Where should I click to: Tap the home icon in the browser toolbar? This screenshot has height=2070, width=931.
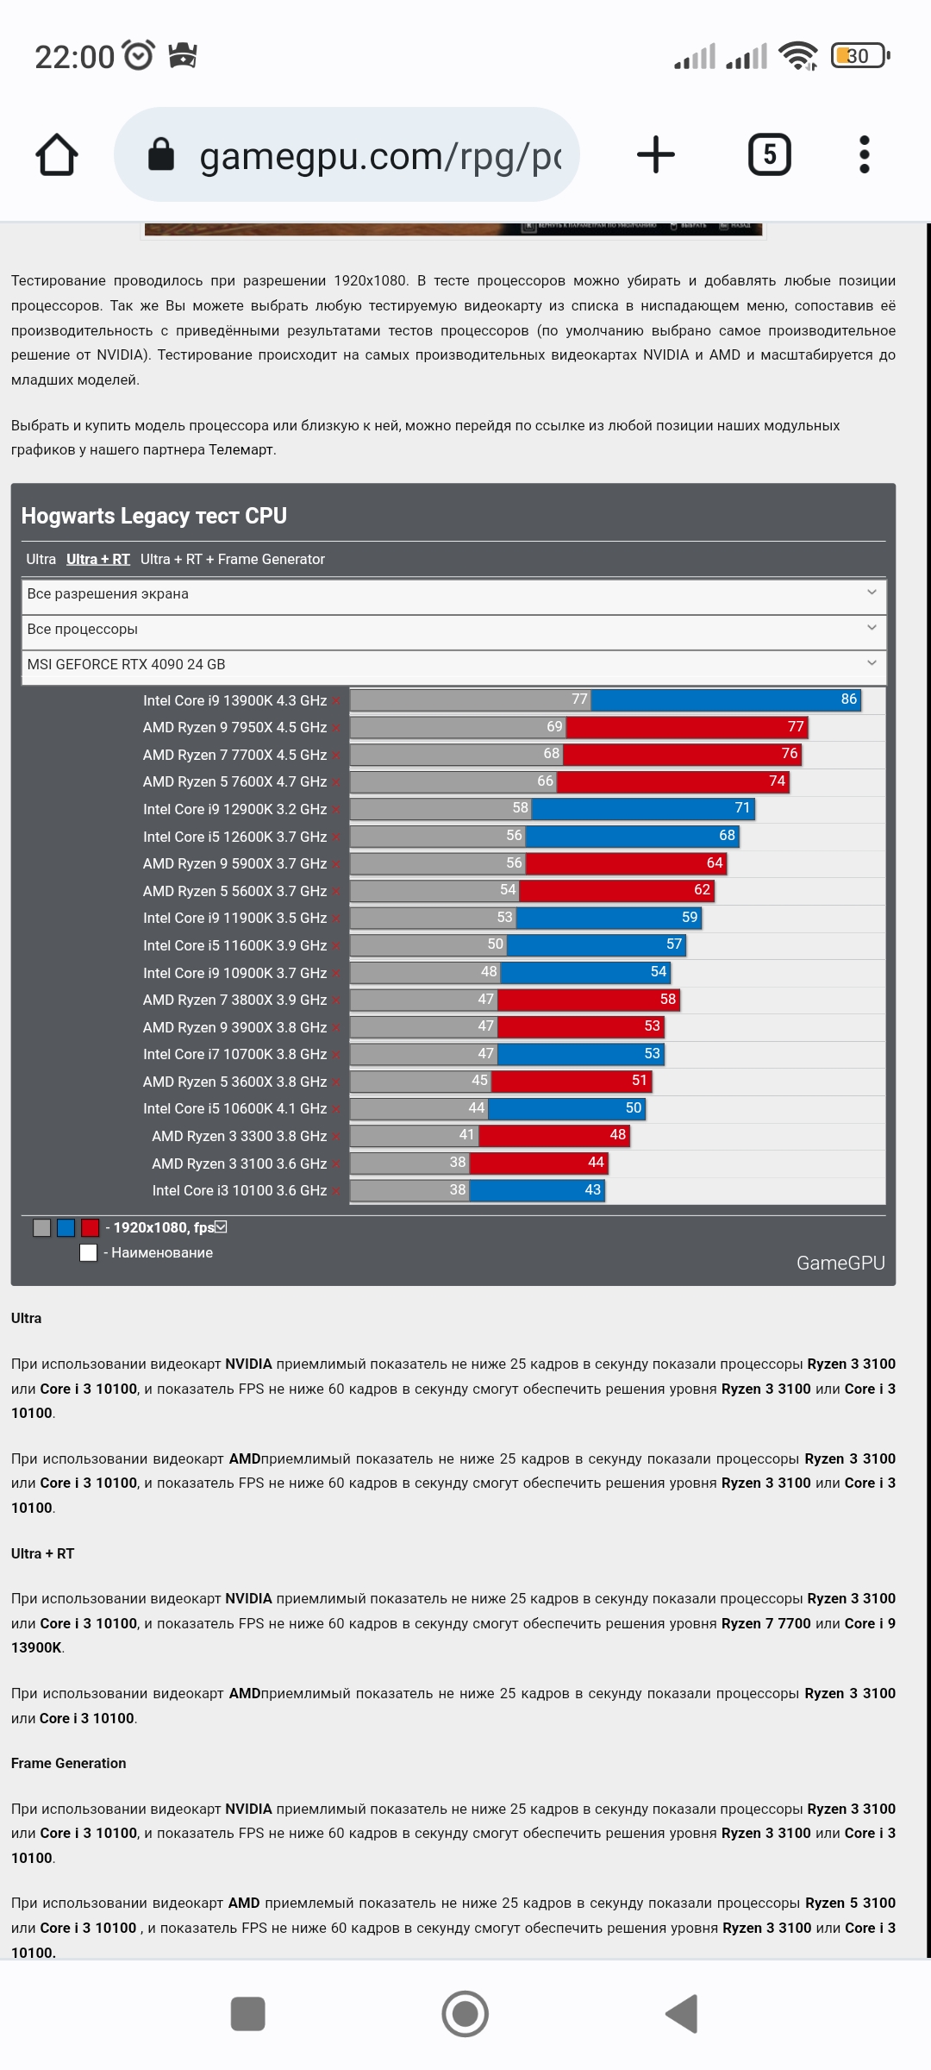(57, 155)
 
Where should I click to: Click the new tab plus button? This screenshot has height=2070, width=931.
(655, 155)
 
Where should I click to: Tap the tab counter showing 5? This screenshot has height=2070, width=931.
(769, 155)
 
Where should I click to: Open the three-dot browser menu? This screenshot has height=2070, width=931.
(865, 155)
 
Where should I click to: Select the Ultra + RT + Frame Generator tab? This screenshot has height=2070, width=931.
(233, 560)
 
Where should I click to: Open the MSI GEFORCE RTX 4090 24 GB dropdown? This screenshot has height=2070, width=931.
(453, 665)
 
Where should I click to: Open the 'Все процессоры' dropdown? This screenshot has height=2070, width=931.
(453, 630)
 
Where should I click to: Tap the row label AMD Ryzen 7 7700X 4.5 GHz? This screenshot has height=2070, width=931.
(234, 756)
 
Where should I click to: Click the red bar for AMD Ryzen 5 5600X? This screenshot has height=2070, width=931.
(615, 890)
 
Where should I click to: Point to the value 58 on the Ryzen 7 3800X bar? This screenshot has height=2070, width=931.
(668, 1000)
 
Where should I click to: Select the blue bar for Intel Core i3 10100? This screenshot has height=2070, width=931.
(536, 1190)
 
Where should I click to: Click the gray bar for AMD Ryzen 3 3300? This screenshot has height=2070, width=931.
(414, 1136)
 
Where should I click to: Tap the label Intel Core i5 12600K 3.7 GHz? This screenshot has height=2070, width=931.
(234, 837)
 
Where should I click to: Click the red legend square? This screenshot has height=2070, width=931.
(91, 1228)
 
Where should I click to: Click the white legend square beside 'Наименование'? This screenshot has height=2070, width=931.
(88, 1253)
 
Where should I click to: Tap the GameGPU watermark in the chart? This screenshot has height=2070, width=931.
(840, 1264)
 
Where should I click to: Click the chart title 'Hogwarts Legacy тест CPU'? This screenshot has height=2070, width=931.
(154, 516)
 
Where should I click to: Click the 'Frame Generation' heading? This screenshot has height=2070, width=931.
(69, 1764)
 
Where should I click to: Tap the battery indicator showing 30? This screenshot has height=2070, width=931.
(859, 57)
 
